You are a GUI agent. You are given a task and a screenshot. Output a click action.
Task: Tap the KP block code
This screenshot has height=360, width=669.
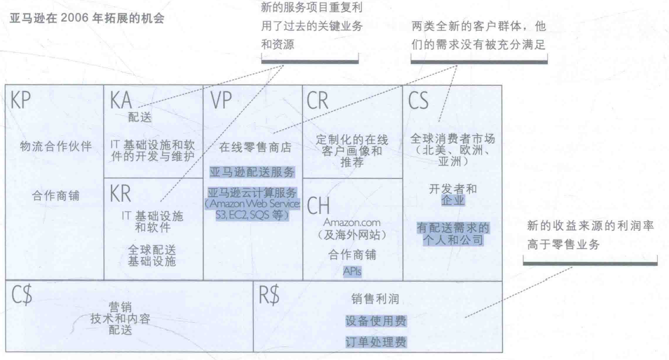pyautogui.click(x=21, y=104)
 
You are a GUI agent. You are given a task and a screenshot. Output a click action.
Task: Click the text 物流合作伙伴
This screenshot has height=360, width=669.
pyautogui.click(x=56, y=147)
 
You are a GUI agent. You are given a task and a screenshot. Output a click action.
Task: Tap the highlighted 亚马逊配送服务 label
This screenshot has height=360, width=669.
pyautogui.click(x=252, y=172)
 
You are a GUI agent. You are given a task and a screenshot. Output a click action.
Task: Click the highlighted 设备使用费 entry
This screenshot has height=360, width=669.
pyautogui.click(x=376, y=322)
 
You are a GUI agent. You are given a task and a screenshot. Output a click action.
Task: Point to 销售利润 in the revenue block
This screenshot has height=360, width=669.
pyautogui.click(x=376, y=300)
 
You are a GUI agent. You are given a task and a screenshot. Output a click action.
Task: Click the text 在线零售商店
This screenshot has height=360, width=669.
pyautogui.click(x=252, y=148)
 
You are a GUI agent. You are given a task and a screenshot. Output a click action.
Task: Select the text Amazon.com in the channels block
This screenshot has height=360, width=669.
pyautogui.click(x=352, y=223)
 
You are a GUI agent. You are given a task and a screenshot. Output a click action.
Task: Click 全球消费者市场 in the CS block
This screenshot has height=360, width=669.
pyautogui.click(x=452, y=139)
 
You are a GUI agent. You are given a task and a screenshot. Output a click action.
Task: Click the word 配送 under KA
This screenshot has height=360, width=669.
pyautogui.click(x=140, y=117)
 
